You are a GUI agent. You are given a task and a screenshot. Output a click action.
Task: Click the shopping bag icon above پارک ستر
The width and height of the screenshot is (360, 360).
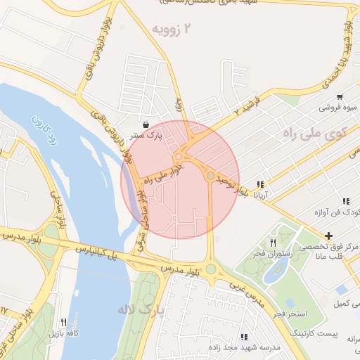(x=146, y=124)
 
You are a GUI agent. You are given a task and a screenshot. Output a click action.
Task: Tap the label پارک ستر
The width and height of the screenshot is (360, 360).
(x=150, y=135)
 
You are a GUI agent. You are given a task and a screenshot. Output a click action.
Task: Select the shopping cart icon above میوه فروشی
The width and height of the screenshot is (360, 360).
(x=340, y=97)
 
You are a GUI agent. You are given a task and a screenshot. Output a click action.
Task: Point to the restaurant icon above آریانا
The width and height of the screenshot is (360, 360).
(x=260, y=184)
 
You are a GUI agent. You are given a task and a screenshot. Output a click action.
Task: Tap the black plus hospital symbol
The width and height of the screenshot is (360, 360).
(x=328, y=235)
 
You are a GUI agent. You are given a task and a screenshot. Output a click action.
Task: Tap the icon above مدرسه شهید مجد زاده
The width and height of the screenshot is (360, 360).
(x=244, y=337)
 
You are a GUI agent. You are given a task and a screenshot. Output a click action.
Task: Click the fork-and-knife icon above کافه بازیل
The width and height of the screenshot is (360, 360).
(x=63, y=322)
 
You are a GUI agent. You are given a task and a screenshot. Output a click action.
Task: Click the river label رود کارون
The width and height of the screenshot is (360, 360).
(x=39, y=129)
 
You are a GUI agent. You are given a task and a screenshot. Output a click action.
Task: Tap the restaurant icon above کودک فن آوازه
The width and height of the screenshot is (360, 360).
(x=345, y=201)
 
